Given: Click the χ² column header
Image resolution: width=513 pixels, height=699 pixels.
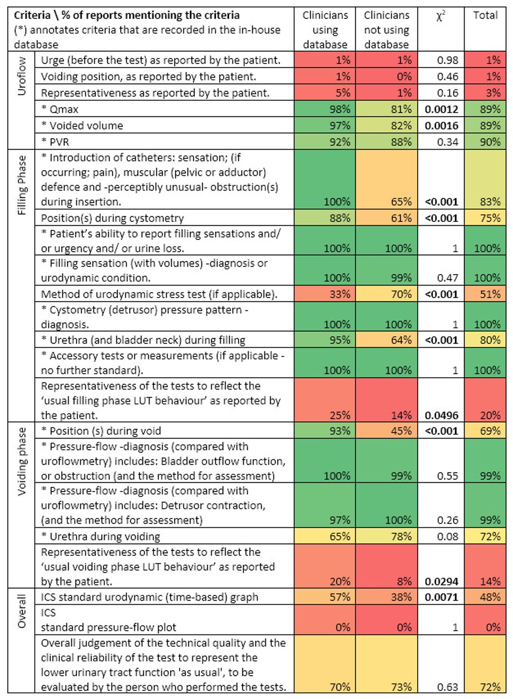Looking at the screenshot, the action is (441, 16).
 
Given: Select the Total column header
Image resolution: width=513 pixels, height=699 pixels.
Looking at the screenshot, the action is (485, 15).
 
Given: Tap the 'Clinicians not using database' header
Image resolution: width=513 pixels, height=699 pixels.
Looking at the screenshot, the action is (386, 30).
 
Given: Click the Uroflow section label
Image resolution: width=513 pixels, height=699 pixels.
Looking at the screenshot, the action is (21, 76).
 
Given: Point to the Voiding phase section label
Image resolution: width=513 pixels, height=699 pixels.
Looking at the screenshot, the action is (21, 461).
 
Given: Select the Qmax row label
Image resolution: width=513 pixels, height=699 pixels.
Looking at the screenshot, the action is (59, 109).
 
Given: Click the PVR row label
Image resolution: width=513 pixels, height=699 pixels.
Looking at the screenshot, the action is (55, 142).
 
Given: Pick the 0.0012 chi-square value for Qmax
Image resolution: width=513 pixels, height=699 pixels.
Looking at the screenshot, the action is (442, 109).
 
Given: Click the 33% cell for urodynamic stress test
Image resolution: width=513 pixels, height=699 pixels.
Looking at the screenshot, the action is (340, 294).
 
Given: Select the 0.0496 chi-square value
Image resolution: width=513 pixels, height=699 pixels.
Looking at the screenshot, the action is (442, 415).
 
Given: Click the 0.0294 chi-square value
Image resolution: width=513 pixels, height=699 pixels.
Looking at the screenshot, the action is (442, 581).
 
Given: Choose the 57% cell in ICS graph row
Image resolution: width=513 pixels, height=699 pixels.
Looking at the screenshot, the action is (340, 597).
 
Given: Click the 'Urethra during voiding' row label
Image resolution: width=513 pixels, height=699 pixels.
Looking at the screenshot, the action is (100, 536).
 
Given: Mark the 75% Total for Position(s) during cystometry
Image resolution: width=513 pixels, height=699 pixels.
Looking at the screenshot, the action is (491, 218).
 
